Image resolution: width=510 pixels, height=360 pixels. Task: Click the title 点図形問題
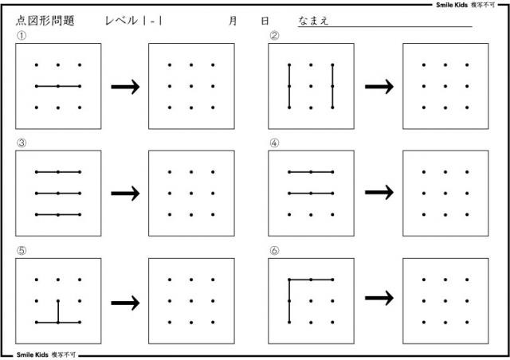45,21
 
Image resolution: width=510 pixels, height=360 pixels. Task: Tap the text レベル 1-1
134,21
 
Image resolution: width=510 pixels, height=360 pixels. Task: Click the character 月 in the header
233,21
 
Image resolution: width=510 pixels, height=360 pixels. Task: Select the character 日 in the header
265,21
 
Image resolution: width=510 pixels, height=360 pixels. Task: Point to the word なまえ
313,21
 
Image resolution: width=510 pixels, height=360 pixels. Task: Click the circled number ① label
22,36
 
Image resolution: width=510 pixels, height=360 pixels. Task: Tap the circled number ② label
274,36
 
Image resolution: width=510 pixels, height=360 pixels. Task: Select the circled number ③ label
22,143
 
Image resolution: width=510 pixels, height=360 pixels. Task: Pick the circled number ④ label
274,143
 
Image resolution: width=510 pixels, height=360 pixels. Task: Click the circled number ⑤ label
22,250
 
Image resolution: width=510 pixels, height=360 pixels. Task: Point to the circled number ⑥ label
274,250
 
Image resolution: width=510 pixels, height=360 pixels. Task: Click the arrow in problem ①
125,87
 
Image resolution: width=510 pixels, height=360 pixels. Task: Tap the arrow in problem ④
379,192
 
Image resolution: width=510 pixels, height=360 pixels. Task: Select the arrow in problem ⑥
379,298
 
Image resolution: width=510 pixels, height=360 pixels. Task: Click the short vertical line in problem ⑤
58,311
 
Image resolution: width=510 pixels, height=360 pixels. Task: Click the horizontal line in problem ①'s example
58,86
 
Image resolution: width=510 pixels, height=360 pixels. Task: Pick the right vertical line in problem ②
332,86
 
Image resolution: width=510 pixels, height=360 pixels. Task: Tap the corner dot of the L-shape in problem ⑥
289,280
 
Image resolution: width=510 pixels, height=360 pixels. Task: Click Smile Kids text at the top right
452,5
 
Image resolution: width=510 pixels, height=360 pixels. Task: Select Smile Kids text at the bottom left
32,354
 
